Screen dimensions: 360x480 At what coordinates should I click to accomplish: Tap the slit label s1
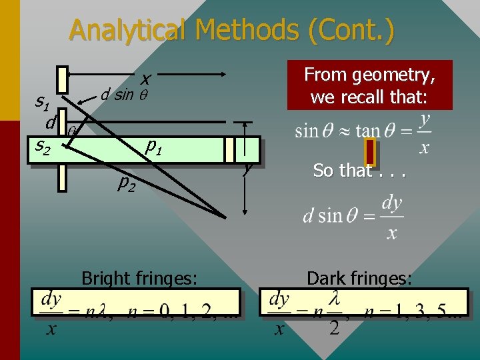coord(43,103)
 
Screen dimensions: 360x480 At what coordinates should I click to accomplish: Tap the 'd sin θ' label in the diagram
coord(123,94)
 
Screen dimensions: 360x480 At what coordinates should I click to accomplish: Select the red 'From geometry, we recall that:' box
coord(369,85)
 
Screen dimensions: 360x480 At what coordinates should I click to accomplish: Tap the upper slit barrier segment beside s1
coord(62,79)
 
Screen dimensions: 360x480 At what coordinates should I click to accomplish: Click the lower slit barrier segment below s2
coord(62,177)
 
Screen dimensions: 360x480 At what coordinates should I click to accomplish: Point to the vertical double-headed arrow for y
coord(247,167)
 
